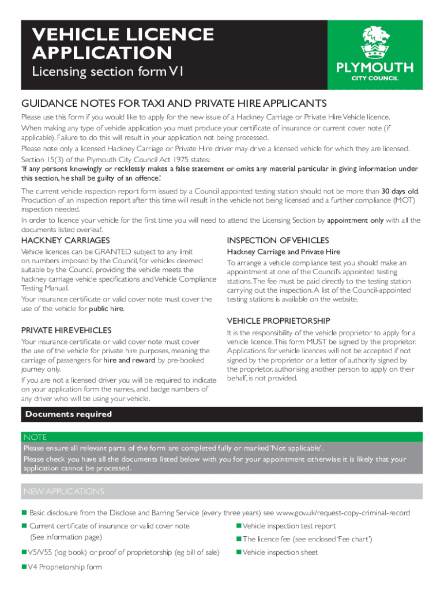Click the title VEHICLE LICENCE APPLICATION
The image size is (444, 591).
tap(123, 44)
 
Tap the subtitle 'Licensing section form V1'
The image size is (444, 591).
tap(107, 72)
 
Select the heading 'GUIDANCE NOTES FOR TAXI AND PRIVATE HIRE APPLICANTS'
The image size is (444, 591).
tap(174, 103)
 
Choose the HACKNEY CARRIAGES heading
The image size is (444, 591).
tap(65, 240)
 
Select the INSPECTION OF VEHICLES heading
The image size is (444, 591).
tap(278, 240)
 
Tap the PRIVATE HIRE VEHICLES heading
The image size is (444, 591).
tap(66, 330)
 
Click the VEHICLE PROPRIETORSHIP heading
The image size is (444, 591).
tap(279, 320)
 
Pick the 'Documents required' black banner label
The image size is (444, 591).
tap(69, 414)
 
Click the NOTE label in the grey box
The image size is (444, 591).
tap(35, 437)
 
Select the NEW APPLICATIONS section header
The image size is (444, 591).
tap(63, 491)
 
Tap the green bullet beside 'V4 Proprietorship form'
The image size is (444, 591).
tap(24, 567)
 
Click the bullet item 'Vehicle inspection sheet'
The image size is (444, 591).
tap(280, 552)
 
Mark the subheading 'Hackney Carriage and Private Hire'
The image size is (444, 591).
tap(283, 252)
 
